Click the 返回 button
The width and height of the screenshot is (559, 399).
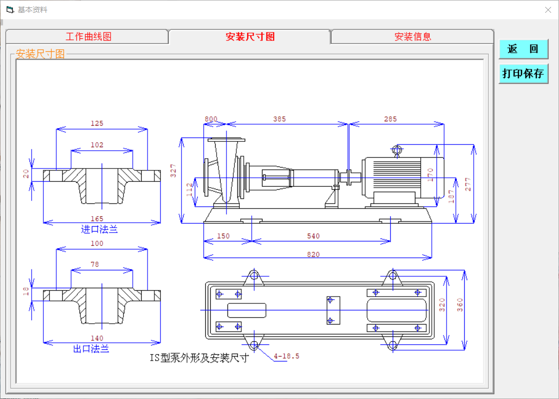(523, 49)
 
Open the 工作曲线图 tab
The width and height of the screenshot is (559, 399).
(88, 36)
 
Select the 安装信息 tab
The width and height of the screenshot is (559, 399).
(412, 36)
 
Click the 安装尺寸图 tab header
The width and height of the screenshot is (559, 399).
(250, 36)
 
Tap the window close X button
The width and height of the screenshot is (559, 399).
(548, 10)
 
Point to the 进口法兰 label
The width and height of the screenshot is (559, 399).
(99, 230)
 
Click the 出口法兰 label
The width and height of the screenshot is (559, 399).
(91, 349)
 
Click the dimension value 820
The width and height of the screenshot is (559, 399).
(313, 255)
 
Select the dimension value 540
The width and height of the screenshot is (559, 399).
(313, 236)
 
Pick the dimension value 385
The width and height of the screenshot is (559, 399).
(279, 119)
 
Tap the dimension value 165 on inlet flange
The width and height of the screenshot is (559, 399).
(97, 219)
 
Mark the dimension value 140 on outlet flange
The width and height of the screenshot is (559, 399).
(97, 338)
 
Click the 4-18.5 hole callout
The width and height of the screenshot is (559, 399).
(287, 356)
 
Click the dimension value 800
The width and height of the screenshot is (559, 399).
(211, 119)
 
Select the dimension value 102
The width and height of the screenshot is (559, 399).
(97, 145)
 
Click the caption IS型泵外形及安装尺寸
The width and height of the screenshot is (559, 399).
(199, 358)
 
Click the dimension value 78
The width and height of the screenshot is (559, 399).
(95, 265)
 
